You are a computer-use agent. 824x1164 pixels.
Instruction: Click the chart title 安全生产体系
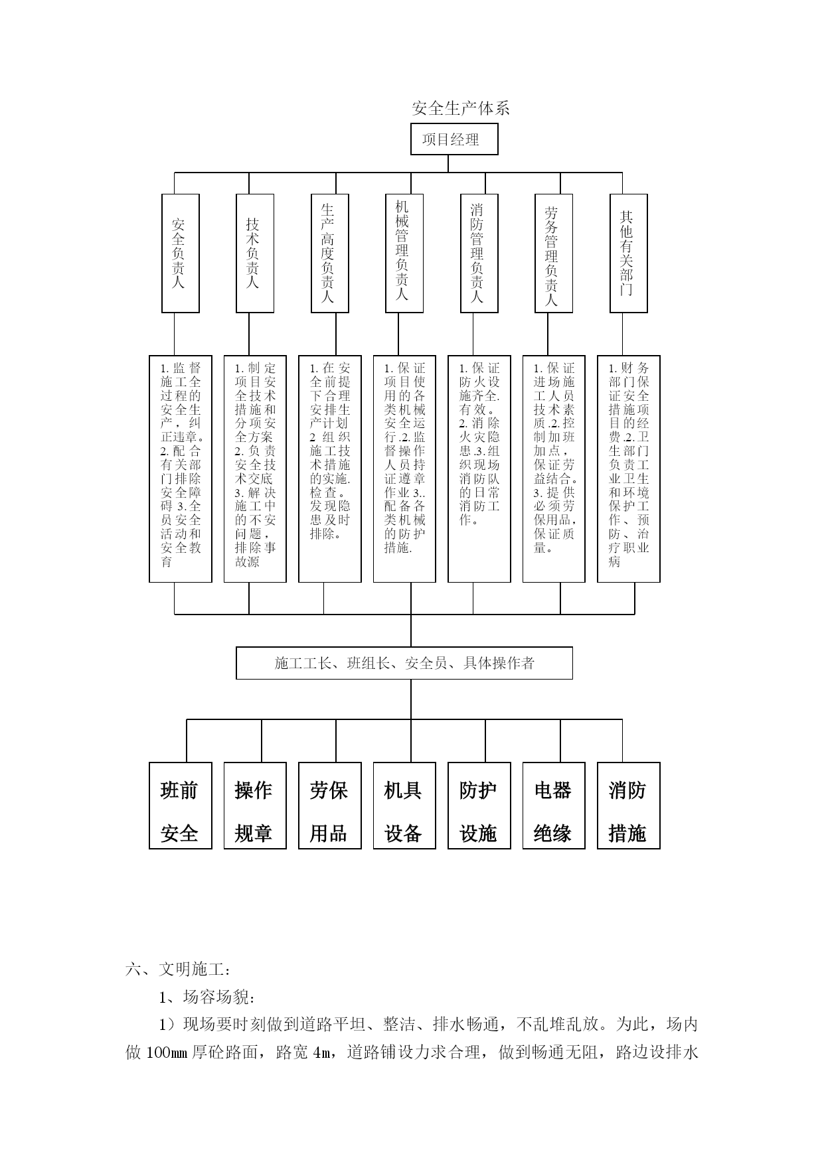point(460,108)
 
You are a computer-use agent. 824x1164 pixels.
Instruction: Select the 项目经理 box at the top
point(454,139)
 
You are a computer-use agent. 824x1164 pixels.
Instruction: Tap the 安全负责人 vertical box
point(181,253)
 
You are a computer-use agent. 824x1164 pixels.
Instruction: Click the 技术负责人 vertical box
point(255,253)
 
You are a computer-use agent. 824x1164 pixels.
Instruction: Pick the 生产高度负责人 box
point(330,253)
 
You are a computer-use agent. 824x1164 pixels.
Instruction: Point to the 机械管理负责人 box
point(404,253)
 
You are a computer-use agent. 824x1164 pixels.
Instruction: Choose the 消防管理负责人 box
point(479,253)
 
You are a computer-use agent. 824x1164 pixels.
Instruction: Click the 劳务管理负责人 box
point(554,253)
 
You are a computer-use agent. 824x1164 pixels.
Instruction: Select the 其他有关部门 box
point(629,253)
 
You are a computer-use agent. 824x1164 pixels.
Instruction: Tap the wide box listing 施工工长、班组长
point(404,663)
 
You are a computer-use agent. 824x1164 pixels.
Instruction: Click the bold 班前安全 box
point(181,806)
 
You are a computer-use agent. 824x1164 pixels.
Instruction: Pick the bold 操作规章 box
point(255,806)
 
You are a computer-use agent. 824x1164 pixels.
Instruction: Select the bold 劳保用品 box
point(330,806)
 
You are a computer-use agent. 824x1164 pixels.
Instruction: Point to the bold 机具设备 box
point(404,806)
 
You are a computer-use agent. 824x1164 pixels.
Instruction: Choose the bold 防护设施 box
point(479,806)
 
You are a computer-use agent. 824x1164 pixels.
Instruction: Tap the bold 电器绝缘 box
point(554,806)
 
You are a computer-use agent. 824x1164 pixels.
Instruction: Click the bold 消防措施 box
point(629,806)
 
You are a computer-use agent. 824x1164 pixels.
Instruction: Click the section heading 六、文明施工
point(178,970)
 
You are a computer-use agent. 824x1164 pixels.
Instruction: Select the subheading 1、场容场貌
point(206,997)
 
